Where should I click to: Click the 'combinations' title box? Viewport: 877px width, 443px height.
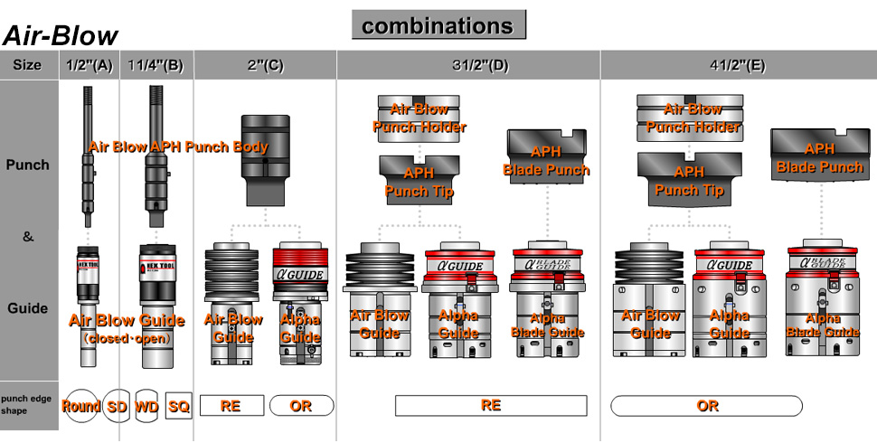pos(438,25)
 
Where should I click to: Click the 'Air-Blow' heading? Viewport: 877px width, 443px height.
pos(61,36)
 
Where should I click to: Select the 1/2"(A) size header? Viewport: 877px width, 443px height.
pos(89,66)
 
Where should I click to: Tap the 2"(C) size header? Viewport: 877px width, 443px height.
pos(265,66)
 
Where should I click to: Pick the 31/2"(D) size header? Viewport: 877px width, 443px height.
pos(468,66)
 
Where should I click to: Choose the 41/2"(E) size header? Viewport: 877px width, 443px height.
pos(738,66)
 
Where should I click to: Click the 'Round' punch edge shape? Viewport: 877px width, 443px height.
pos(80,406)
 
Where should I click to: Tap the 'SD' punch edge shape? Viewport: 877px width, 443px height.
pos(118,406)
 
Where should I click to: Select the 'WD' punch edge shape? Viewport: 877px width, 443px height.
pos(146,406)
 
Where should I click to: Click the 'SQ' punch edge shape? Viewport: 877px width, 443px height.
pos(179,406)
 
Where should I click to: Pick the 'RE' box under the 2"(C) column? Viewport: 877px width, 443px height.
pos(231,406)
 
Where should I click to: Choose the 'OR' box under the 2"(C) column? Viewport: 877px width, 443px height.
pos(301,406)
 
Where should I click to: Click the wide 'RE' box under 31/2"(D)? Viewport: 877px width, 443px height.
pos(491,405)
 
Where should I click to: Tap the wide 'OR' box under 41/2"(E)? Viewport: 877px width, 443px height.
pos(707,405)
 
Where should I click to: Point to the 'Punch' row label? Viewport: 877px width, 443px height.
pos(28,165)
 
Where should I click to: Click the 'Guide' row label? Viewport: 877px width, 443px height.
pos(28,308)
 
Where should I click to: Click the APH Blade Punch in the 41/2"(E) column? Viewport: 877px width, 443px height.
pos(820,156)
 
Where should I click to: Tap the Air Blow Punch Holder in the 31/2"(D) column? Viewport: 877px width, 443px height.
pos(419,118)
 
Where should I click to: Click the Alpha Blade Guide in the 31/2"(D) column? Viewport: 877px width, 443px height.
pos(547,298)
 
